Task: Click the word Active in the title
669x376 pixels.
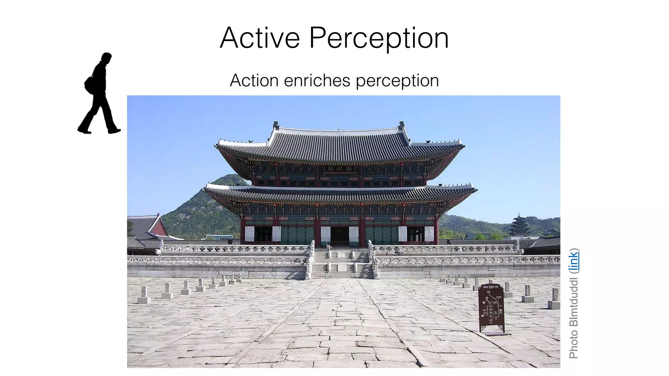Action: pos(260,38)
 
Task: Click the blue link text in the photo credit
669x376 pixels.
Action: pos(574,260)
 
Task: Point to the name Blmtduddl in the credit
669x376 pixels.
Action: pos(574,302)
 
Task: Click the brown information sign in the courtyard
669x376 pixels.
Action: pos(491,307)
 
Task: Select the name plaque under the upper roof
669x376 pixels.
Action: pos(339,169)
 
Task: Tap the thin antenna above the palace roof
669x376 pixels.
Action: pos(338,116)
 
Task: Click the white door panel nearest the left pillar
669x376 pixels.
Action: pos(249,234)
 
